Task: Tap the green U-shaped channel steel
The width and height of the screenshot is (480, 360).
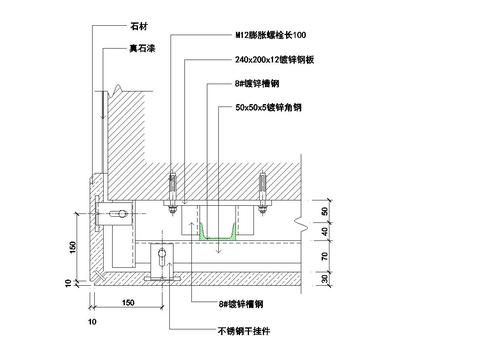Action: click(215, 234)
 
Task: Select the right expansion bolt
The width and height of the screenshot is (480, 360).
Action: click(263, 190)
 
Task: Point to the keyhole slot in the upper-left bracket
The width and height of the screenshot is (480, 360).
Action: click(121, 215)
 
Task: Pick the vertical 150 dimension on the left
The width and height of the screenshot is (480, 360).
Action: click(73, 246)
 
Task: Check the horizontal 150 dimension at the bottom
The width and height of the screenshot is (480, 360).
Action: click(129, 301)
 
